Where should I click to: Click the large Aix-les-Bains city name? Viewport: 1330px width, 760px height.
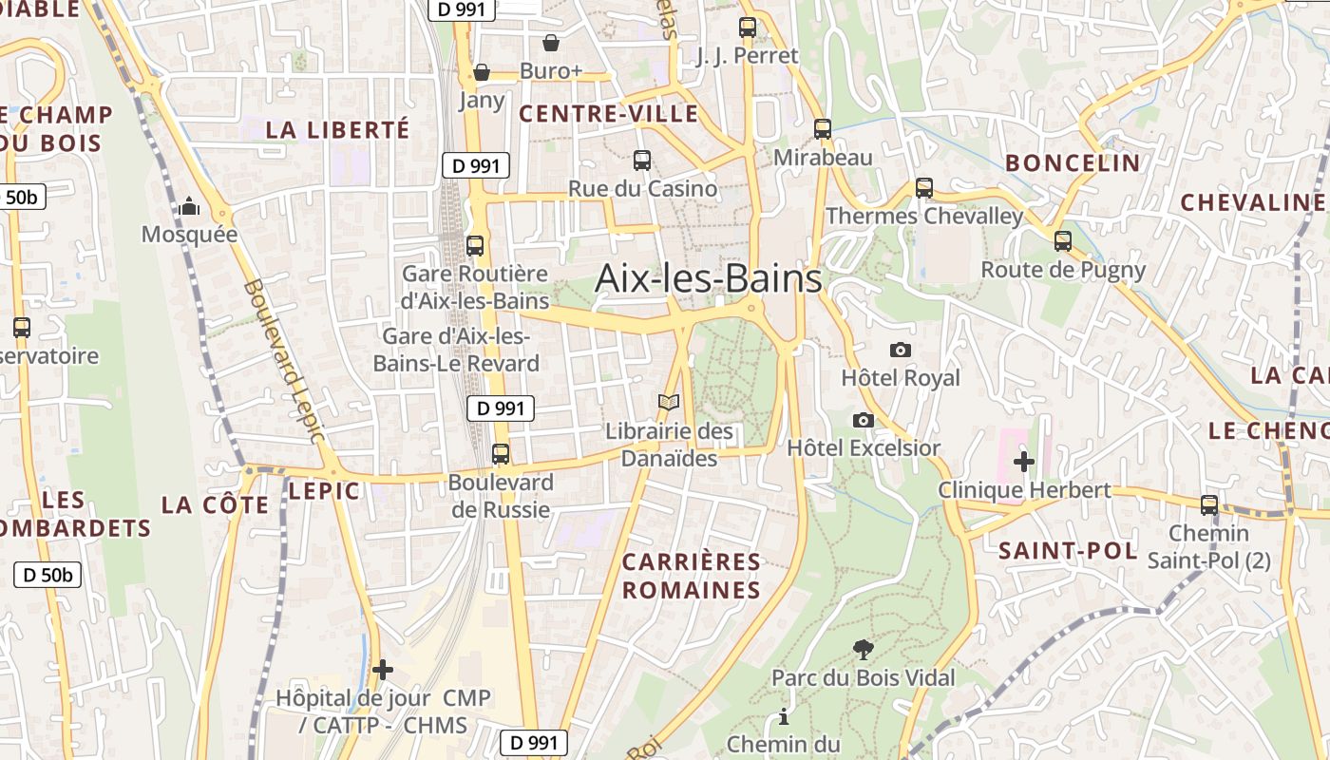pos(708,279)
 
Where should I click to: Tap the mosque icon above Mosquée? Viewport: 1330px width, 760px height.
pos(189,206)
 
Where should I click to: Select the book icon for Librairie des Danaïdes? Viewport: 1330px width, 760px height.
pos(669,403)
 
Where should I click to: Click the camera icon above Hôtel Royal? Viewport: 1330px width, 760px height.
pos(901,351)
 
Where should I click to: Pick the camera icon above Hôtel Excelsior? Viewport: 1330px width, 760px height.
pos(863,420)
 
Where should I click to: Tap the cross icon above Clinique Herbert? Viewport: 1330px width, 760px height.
pos(1023,463)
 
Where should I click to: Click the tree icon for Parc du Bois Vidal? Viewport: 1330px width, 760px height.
pos(863,650)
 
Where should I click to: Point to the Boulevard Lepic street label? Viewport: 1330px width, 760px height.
pos(284,361)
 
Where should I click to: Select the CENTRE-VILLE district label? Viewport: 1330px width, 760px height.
pos(609,115)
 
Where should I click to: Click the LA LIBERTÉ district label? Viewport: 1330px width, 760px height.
pos(337,130)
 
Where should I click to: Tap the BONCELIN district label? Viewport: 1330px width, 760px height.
pos(1073,163)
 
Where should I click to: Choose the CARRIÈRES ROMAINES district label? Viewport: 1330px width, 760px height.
pos(692,576)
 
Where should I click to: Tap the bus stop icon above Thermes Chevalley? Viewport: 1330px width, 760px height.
pos(923,188)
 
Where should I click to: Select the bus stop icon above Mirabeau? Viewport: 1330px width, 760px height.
pos(823,129)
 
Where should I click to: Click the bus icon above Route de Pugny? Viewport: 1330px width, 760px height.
pos(1062,241)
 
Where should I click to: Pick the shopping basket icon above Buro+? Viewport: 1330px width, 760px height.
pos(550,43)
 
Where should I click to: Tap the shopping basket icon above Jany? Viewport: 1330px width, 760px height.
pos(482,72)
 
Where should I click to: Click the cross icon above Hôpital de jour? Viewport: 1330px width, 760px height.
pos(382,670)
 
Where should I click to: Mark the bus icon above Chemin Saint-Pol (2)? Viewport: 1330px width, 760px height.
pos(1208,505)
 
